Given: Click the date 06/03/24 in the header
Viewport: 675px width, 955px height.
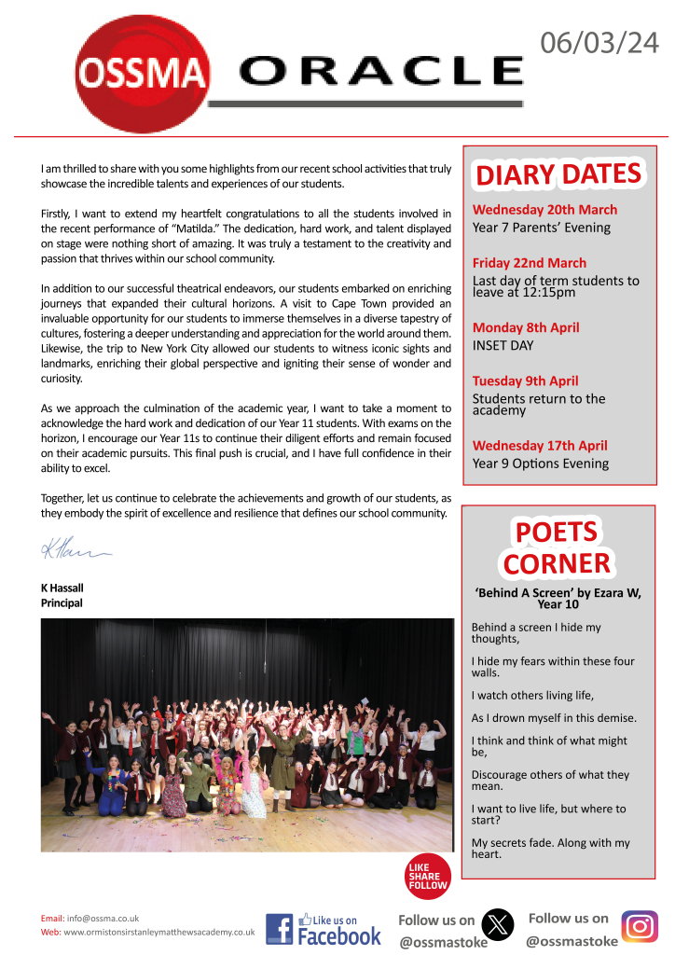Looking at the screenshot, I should (x=600, y=42).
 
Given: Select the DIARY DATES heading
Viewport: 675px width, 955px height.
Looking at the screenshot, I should (x=558, y=173).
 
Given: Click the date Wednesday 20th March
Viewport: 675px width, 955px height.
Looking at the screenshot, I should (x=544, y=210).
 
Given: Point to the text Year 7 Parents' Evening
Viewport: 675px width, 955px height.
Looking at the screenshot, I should (x=541, y=228).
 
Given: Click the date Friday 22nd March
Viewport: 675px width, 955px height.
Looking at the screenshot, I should (x=530, y=263).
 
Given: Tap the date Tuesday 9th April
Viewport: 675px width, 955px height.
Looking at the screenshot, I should (x=525, y=381).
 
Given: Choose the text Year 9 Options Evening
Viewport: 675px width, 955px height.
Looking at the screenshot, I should (x=540, y=464).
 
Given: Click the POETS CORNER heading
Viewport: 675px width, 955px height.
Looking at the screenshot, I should (x=557, y=547).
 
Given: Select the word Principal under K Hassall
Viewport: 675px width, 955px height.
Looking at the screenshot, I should (x=62, y=603).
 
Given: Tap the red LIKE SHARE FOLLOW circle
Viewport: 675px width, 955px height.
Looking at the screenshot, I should (x=428, y=876).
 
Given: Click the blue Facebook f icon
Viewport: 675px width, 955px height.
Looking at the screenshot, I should (x=280, y=929).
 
